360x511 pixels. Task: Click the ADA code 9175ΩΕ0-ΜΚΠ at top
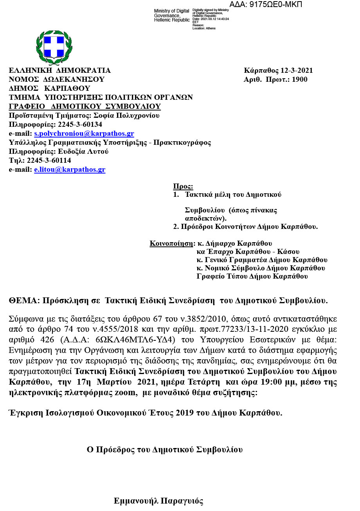(266, 5)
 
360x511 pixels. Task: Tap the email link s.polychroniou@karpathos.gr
(84, 134)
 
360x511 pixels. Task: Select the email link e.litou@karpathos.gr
(70, 170)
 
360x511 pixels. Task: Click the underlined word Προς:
(183, 187)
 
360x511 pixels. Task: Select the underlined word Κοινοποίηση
(171, 243)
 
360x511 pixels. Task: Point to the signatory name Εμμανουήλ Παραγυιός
(158, 501)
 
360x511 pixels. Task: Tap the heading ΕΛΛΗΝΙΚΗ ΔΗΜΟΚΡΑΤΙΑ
(60, 71)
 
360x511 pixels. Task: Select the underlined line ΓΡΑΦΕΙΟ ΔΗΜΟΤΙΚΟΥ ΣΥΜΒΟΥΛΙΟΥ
(85, 107)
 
